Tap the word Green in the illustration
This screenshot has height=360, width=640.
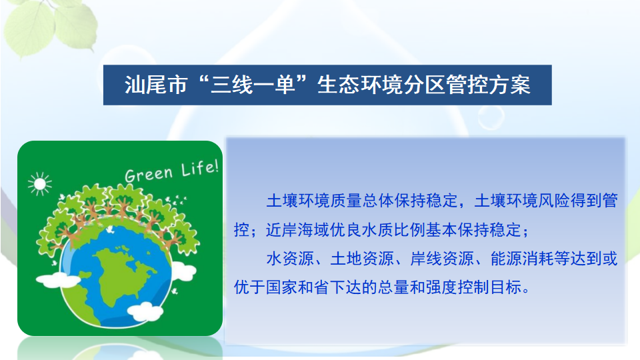[x=148, y=173]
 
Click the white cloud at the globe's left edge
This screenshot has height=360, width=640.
[x=57, y=279]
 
